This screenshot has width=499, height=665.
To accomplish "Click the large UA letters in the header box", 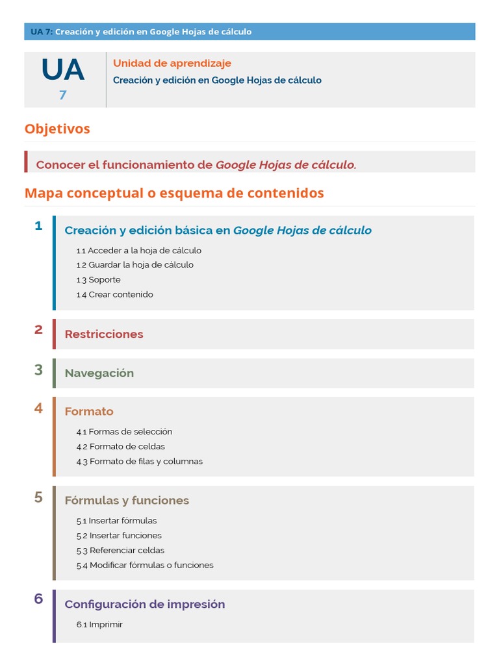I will click(63, 70).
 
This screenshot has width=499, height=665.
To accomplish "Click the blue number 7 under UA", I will click(63, 95).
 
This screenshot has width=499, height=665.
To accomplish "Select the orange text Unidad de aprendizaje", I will click(172, 63).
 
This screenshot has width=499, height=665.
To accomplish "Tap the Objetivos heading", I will click(57, 129).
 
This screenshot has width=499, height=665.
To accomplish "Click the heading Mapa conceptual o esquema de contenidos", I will click(174, 193).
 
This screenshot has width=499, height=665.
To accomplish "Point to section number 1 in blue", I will click(38, 226).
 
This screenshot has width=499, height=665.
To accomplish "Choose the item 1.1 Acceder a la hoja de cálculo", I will click(138, 250).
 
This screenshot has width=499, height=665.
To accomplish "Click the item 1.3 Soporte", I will click(98, 279).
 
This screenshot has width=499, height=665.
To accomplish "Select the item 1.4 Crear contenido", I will click(114, 294).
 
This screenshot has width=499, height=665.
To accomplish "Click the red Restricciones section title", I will click(104, 334).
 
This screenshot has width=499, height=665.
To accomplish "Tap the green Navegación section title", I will click(99, 373).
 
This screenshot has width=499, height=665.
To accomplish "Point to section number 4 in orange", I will click(38, 408).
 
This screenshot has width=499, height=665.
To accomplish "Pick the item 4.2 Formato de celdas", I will click(120, 446).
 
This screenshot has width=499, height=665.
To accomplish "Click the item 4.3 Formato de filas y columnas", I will click(139, 461).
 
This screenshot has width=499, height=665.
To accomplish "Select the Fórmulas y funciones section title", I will click(127, 500).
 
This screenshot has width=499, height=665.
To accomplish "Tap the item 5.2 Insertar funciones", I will click(119, 535).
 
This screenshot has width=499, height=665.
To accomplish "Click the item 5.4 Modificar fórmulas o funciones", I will click(144, 565).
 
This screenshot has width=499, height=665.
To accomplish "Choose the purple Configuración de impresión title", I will click(145, 604).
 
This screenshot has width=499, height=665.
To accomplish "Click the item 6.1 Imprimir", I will click(99, 624).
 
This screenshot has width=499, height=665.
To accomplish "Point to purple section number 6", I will click(38, 599).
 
